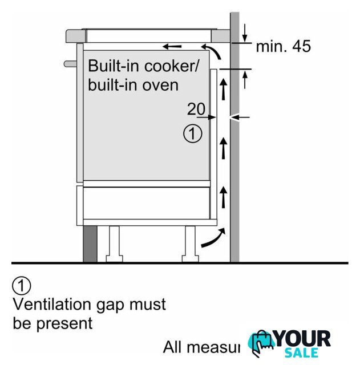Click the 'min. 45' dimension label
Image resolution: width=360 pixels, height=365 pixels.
283,47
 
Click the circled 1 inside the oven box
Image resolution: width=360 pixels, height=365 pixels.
192,135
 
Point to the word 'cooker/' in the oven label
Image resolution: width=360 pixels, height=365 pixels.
171,65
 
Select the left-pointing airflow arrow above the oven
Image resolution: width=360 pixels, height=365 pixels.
172,45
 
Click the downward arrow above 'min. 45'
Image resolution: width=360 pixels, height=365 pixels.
244,32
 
